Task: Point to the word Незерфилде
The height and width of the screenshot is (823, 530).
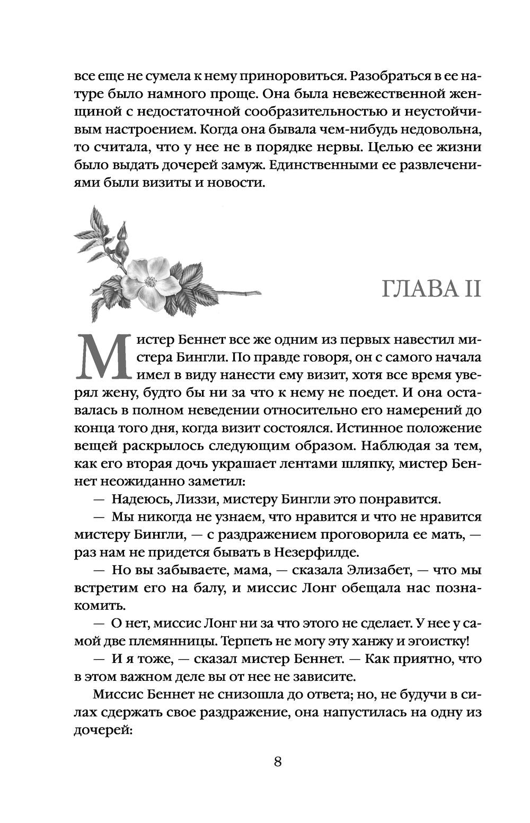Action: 316,552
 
